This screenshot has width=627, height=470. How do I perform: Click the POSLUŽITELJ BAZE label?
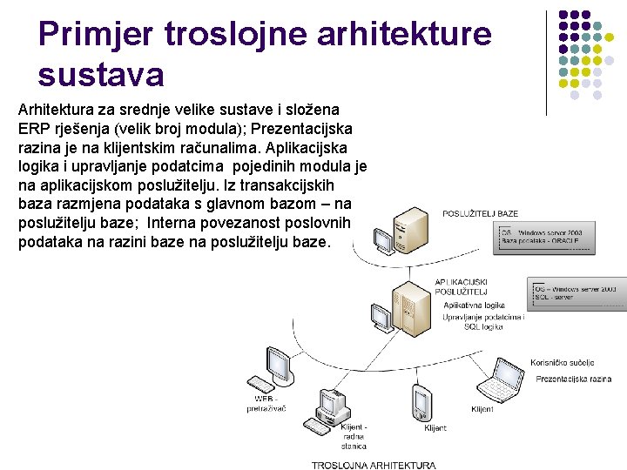[480, 213]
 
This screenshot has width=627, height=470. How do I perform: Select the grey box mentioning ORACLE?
[545, 238]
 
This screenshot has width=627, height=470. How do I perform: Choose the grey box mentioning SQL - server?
[576, 292]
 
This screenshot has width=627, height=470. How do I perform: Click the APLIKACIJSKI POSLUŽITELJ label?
[462, 287]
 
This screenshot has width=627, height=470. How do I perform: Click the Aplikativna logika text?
[474, 306]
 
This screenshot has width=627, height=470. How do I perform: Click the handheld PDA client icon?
[422, 403]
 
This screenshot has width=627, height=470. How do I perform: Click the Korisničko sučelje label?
[562, 362]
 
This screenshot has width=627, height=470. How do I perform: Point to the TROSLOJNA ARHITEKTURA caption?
[374, 465]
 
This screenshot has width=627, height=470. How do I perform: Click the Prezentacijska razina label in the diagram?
[573, 379]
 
